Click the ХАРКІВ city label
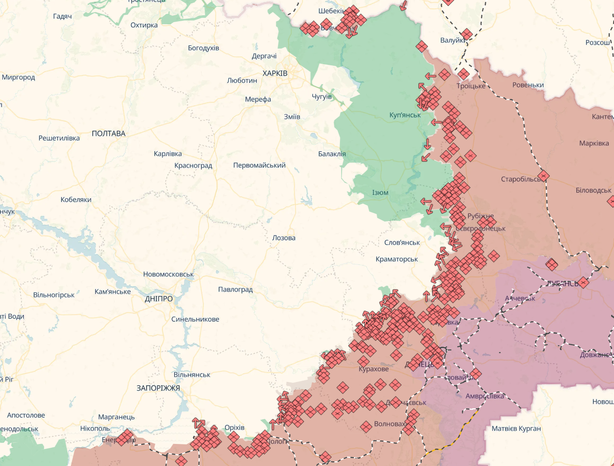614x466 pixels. (x=275, y=73)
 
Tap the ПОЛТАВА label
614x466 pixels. (x=108, y=134)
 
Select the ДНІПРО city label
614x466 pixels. (x=159, y=299)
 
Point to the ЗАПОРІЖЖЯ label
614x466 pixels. (x=158, y=388)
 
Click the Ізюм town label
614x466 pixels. (x=380, y=193)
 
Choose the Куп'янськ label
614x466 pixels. (x=405, y=115)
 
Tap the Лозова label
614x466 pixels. (x=283, y=238)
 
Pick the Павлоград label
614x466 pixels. (x=235, y=289)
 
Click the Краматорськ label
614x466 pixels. (x=397, y=259)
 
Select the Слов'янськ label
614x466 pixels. (x=402, y=243)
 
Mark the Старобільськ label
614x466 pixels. (x=520, y=179)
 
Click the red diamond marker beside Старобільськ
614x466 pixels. (x=543, y=176)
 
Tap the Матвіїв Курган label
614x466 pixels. (x=516, y=429)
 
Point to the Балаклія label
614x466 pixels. (x=332, y=154)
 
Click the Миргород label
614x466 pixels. (x=18, y=77)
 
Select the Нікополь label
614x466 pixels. (x=95, y=428)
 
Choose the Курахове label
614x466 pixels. (x=373, y=369)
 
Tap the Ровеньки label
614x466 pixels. (x=528, y=85)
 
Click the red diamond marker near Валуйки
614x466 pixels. (x=467, y=34)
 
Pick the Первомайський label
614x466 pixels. (x=259, y=165)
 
